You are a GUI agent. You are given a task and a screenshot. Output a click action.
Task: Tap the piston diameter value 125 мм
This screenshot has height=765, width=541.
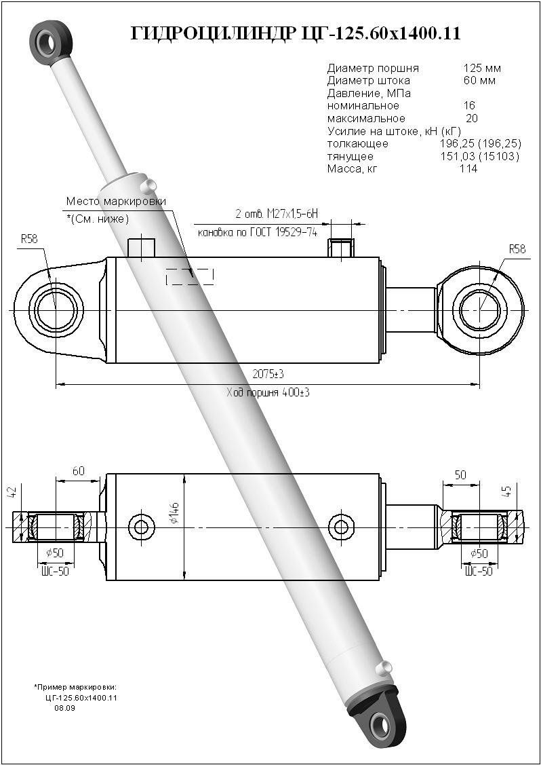tap(482, 68)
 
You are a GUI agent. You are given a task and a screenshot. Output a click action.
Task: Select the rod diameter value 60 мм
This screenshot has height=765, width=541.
tap(479, 80)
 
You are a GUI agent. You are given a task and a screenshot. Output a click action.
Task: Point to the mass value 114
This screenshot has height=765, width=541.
tap(468, 168)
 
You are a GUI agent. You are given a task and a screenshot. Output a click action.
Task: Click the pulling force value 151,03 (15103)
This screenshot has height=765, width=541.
tap(480, 156)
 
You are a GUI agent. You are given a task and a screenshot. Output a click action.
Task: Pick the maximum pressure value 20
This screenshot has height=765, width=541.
tap(472, 118)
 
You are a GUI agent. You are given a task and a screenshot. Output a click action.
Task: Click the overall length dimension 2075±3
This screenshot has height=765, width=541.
tap(267, 374)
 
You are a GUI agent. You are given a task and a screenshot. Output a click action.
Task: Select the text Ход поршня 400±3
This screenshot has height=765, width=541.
tap(267, 392)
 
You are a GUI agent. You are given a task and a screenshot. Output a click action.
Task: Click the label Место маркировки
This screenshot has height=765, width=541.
tap(116, 202)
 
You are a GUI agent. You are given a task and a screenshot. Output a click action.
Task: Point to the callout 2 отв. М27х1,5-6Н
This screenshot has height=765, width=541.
tap(276, 214)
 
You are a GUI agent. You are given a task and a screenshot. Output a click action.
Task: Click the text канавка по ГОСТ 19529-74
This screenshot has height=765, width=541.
tap(258, 232)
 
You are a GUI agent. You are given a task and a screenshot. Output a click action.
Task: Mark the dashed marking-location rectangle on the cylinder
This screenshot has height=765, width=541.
tap(190, 276)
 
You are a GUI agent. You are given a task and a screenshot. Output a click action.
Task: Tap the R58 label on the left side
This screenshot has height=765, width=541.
tap(29, 239)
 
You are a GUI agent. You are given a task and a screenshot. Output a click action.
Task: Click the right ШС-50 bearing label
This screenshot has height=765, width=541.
tap(479, 571)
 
